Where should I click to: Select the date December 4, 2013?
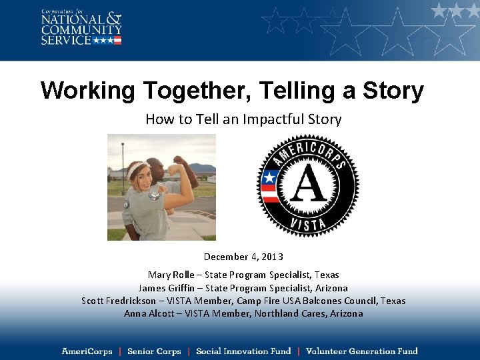click(243, 257)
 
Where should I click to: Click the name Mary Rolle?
click(171, 275)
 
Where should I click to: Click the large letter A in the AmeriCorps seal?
click(308, 185)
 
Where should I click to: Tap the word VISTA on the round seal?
click(308, 225)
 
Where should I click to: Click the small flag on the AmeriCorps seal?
click(270, 187)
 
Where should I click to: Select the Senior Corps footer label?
click(153, 351)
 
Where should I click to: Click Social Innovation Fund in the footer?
click(243, 351)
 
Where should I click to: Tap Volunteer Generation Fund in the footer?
click(361, 351)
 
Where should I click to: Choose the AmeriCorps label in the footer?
click(87, 351)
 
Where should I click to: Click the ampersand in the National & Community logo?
click(115, 19)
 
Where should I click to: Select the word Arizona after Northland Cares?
click(346, 313)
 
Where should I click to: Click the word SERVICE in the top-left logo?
click(66, 40)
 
